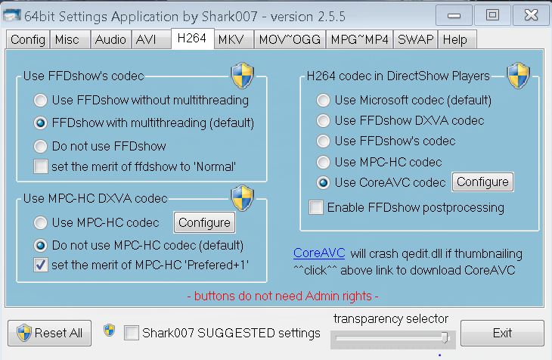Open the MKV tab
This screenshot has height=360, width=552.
[x=231, y=40]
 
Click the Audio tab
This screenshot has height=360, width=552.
[x=110, y=40]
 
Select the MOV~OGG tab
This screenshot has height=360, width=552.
[x=289, y=40]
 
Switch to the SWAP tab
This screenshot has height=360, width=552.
[x=416, y=40]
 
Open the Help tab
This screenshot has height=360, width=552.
[x=455, y=40]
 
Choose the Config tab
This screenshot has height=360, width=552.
[x=28, y=40]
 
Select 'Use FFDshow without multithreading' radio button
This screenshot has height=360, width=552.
[x=40, y=100]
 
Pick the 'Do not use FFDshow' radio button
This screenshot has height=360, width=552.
[x=40, y=146]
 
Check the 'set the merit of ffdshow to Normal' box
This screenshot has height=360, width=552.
[x=40, y=166]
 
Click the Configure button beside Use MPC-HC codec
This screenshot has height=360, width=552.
[x=204, y=222]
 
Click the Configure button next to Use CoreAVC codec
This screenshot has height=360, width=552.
[x=482, y=182]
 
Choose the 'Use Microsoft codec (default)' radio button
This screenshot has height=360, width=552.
[x=324, y=100]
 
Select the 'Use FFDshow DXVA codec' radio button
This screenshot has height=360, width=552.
[x=324, y=120]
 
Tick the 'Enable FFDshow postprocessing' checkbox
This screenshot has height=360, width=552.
[x=316, y=207]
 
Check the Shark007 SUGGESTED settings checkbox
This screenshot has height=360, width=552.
[x=132, y=333]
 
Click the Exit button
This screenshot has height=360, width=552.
[x=502, y=333]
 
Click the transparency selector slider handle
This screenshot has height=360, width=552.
[x=445, y=337]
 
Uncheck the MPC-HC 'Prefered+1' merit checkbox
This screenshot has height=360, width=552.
[x=40, y=265]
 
